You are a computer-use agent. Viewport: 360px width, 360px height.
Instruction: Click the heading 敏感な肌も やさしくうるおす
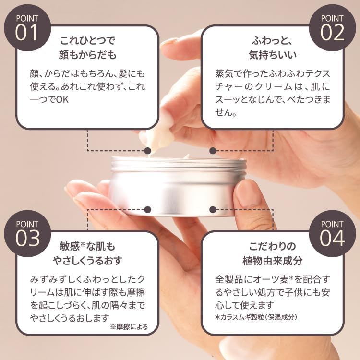(x=87, y=254)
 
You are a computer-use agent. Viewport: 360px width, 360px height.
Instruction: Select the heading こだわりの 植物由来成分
(x=272, y=254)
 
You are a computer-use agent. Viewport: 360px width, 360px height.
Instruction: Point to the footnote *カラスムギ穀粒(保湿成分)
(x=257, y=317)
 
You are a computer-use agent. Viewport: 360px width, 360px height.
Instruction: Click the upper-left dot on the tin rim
(x=147, y=151)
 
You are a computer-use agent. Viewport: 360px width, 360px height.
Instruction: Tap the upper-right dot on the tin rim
(x=213, y=151)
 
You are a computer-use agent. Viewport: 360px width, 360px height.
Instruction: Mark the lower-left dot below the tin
(x=147, y=210)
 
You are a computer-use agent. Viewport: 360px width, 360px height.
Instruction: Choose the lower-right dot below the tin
(x=213, y=210)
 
